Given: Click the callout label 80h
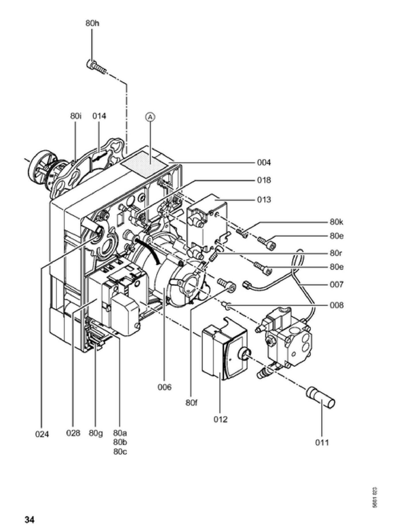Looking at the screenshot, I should pyautogui.click(x=92, y=23).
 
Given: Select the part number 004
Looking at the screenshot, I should pyautogui.click(x=264, y=163).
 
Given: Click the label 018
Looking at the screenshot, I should pyautogui.click(x=264, y=180).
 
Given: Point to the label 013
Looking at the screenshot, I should pyautogui.click(x=264, y=199).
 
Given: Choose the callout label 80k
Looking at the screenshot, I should pyautogui.click(x=337, y=222).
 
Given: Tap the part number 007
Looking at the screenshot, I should pyautogui.click(x=337, y=284).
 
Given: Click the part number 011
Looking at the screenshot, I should pyautogui.click(x=322, y=442).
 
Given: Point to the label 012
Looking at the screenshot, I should pyautogui.click(x=220, y=419).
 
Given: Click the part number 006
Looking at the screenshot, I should pyautogui.click(x=164, y=387).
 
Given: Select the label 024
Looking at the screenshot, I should pyautogui.click(x=42, y=434).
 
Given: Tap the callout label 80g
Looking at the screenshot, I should pyautogui.click(x=96, y=433).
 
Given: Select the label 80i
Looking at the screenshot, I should pyautogui.click(x=76, y=116).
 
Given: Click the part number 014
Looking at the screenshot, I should pyautogui.click(x=99, y=116).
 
